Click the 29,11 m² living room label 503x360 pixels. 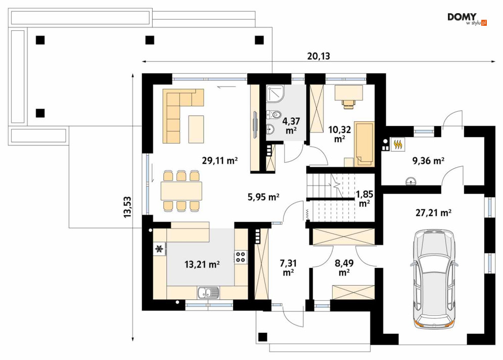click(220, 160)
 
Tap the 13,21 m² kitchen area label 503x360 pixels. click(202, 264)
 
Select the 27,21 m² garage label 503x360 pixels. click(434, 212)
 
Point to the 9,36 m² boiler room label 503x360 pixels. click(428, 160)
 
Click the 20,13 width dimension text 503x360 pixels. click(318, 56)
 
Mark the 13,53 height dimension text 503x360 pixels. click(128, 207)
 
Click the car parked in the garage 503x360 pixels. click(434, 279)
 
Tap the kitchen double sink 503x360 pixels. click(208, 293)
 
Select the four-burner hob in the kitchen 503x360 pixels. click(241, 257)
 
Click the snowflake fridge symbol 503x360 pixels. click(159, 249)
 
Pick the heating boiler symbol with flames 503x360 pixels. click(398, 145)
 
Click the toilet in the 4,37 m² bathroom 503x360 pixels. click(273, 114)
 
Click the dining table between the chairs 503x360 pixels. click(181, 191)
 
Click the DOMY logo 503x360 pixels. click(467, 19)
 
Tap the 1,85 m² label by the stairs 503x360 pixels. click(364, 198)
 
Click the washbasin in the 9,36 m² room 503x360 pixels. click(411, 182)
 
